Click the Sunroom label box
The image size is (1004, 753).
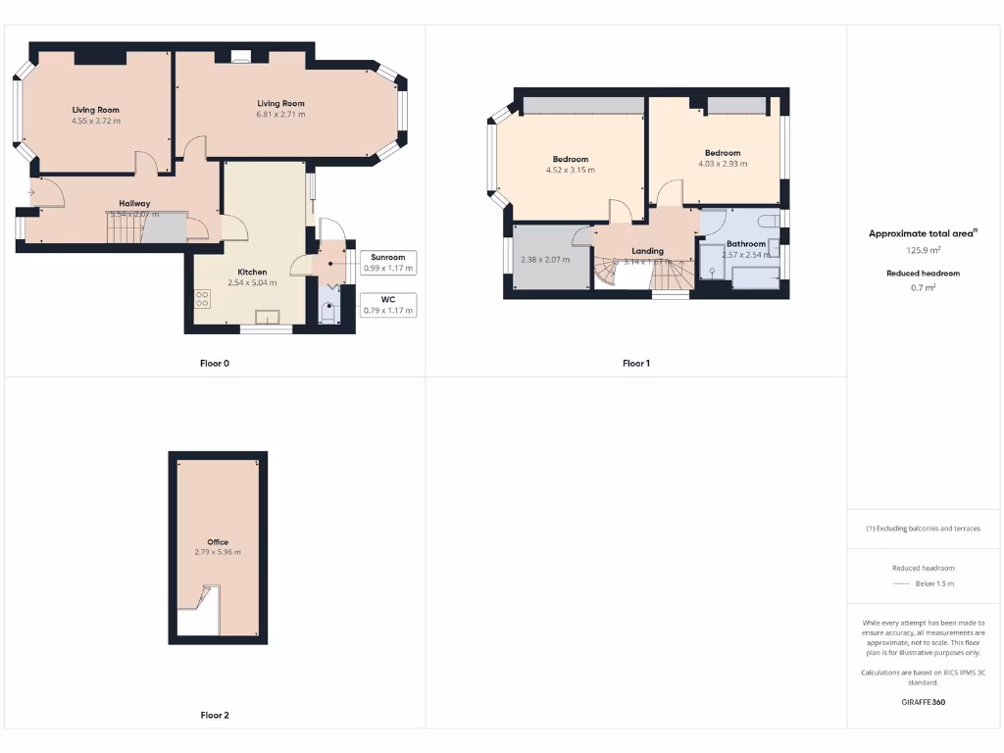[387, 263]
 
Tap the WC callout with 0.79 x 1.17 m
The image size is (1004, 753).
[387, 305]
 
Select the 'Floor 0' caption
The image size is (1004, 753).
[215, 364]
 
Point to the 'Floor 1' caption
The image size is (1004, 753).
[635, 364]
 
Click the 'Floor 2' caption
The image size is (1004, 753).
[215, 716]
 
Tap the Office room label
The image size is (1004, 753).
[218, 542]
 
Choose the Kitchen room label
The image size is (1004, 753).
[252, 272]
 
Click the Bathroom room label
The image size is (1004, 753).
[745, 244]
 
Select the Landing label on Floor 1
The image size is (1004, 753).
[647, 251]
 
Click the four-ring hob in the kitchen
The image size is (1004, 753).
[203, 299]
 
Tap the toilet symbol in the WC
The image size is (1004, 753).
[327, 313]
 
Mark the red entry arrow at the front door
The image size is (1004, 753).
[31, 192]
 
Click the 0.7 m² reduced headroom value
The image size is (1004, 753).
[923, 287]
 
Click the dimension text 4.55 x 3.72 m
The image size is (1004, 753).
[95, 121]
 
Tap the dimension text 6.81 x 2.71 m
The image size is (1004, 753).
[280, 115]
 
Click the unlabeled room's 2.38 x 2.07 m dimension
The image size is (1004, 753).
[545, 260]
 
